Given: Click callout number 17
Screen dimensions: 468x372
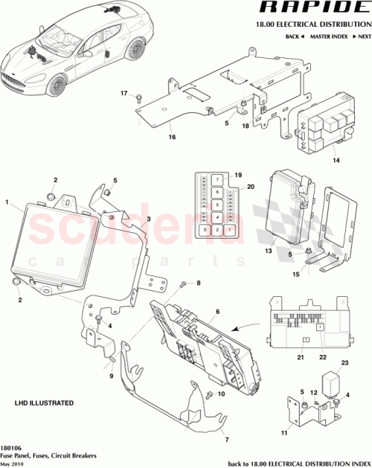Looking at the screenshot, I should click(125, 93).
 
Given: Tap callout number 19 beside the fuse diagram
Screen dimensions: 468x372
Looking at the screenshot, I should click(238, 175).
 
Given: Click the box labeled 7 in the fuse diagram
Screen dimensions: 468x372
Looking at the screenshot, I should click(214, 180).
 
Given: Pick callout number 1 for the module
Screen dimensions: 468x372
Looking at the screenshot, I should click(7, 202).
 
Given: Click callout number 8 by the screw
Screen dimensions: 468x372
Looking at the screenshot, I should click(199, 283).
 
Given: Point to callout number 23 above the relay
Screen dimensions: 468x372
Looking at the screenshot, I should click(344, 362).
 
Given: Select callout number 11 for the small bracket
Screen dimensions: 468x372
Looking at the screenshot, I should click(283, 432).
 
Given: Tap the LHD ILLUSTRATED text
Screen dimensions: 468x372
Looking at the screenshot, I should click(44, 402).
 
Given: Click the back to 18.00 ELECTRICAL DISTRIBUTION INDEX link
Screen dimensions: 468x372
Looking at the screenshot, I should click(298, 462).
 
